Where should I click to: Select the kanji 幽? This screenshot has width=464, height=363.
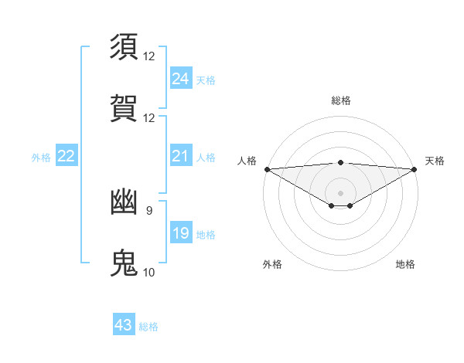click(125, 202)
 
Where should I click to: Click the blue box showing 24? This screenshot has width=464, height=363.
click(180, 79)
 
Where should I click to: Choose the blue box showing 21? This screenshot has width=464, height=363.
click(180, 157)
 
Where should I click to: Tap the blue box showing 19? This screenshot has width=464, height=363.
click(180, 233)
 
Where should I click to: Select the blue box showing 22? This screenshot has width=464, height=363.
click(66, 157)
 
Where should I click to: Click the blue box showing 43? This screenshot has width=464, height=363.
click(123, 325)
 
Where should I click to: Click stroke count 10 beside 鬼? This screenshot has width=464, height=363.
click(149, 272)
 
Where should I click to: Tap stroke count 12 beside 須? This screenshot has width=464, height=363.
click(149, 56)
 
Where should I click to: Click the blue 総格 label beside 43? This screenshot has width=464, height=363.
click(148, 327)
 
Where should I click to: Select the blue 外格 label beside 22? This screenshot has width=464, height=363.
click(41, 158)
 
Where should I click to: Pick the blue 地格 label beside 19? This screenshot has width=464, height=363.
click(206, 235)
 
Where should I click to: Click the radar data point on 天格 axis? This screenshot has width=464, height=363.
click(415, 168)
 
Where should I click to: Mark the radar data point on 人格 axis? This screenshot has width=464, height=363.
click(267, 168)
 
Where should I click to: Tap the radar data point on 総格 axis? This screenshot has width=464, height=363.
click(340, 162)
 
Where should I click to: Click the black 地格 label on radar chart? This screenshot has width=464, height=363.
click(405, 264)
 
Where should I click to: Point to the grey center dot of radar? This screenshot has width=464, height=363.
click(340, 192)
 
